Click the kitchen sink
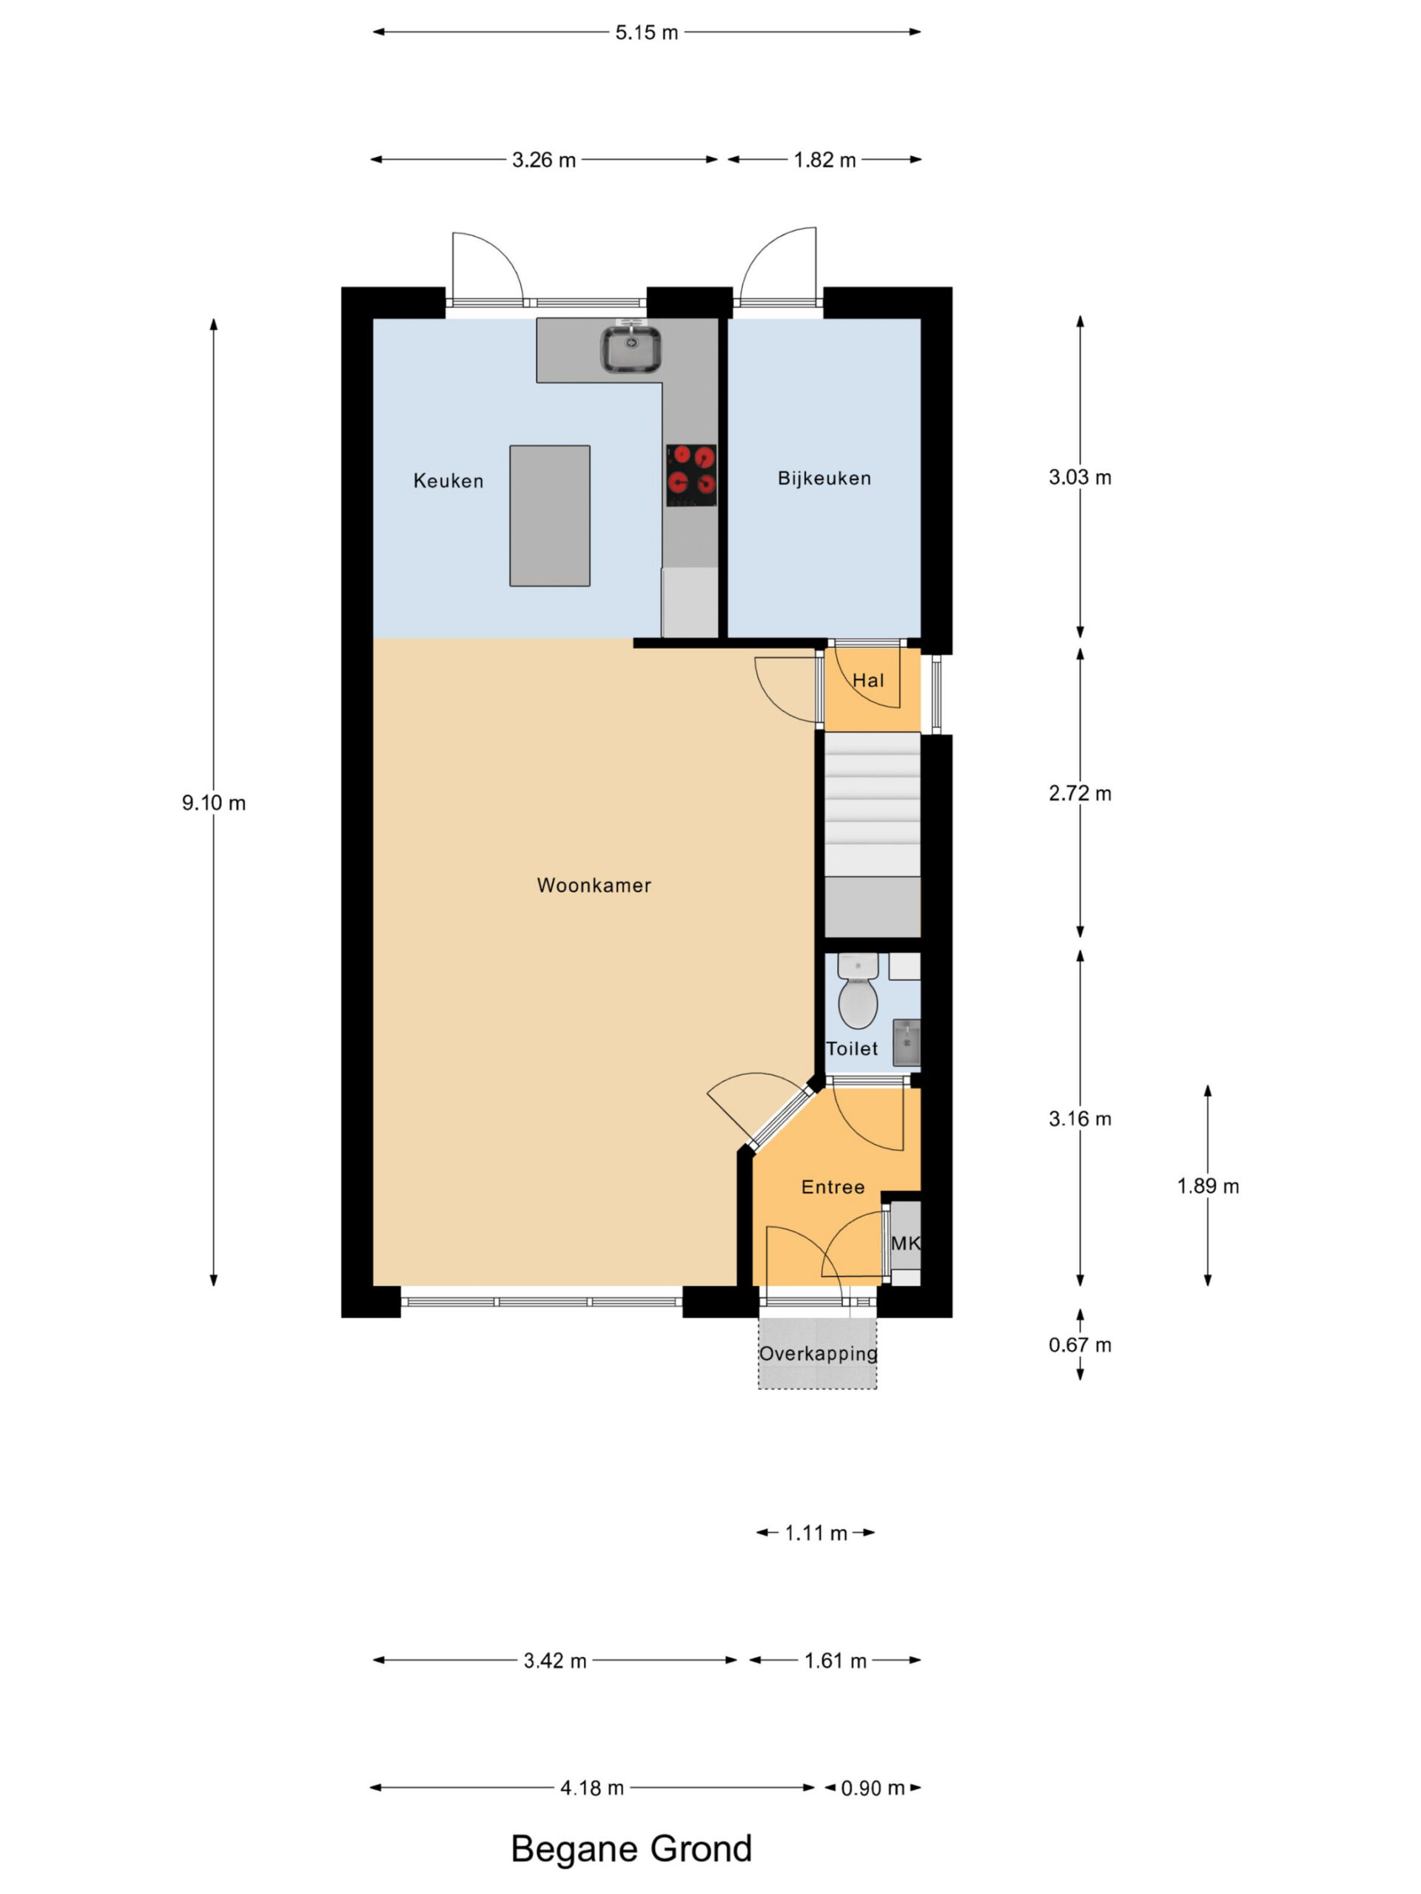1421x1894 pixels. (631, 348)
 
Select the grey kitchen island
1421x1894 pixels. (549, 516)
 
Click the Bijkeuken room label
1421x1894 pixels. (824, 479)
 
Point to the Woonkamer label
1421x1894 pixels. (594, 886)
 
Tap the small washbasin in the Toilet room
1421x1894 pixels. (906, 1042)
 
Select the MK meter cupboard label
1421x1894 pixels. (905, 1242)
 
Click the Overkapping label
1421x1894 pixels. (818, 1354)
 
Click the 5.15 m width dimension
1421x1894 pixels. (647, 33)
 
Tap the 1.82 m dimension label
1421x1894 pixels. (824, 160)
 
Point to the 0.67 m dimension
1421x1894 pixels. (1080, 1345)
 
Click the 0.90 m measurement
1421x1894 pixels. (872, 1787)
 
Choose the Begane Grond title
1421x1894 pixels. (631, 1849)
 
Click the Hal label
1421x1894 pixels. (867, 681)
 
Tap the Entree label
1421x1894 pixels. (833, 1187)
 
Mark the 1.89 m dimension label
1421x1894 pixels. (1208, 1186)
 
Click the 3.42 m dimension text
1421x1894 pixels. (555, 1661)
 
